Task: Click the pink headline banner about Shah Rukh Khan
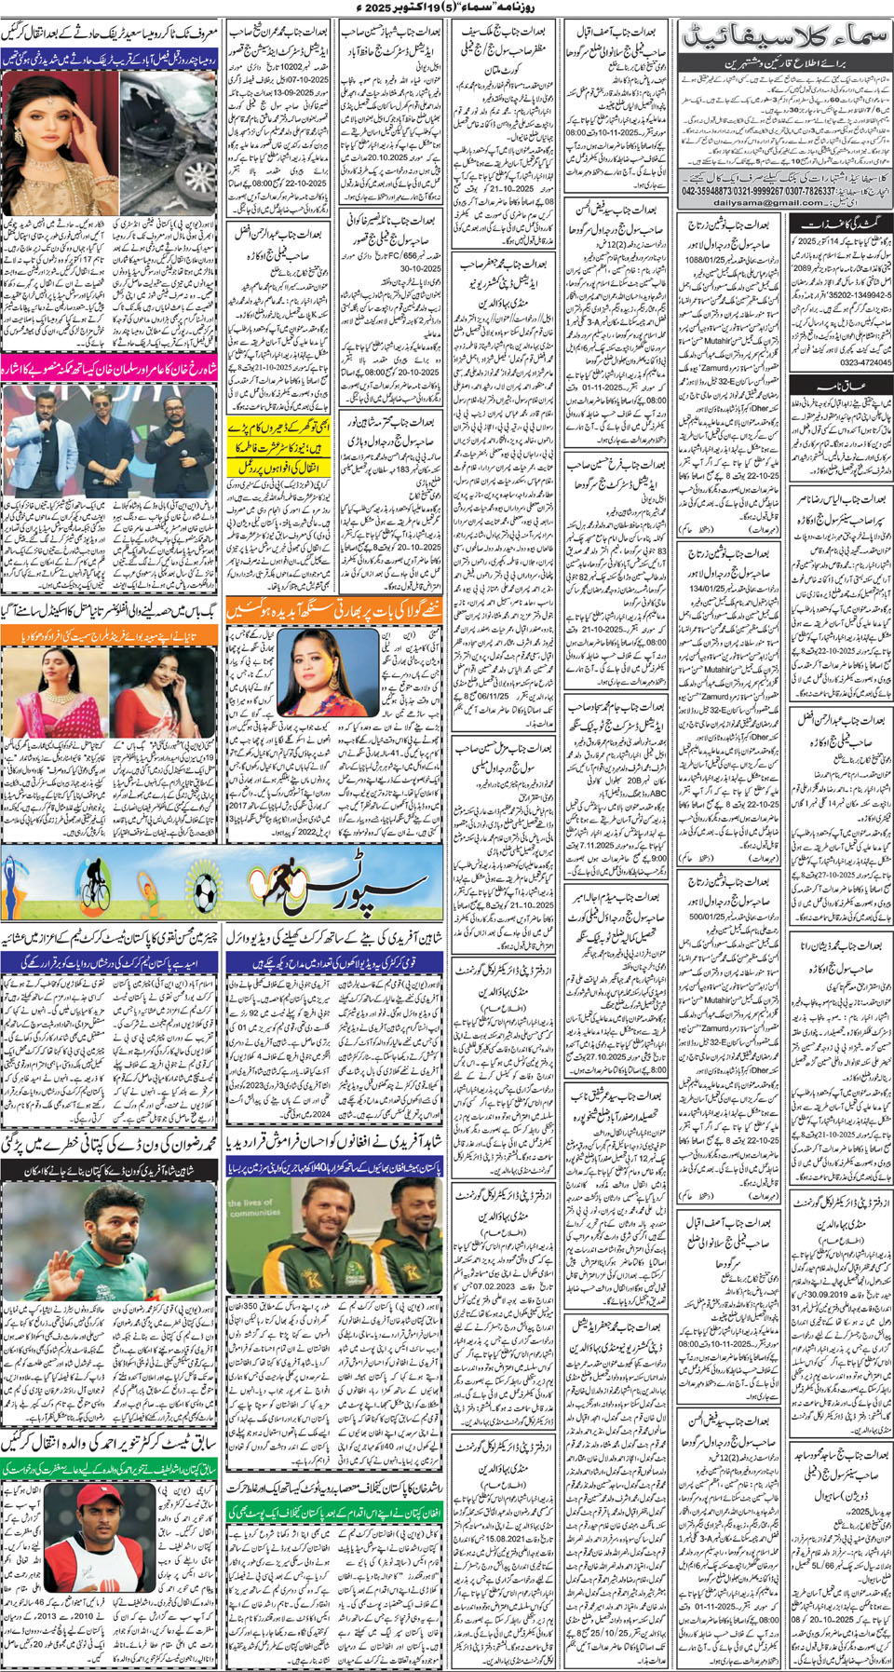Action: pos(109,365)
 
